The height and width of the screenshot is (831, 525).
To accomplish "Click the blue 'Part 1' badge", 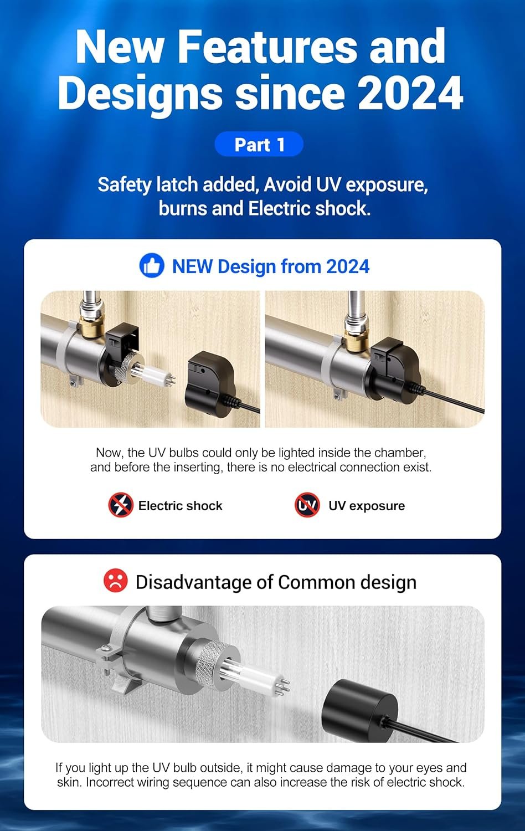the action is pos(259,144).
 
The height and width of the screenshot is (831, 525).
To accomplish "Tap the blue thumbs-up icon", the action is pos(152,265).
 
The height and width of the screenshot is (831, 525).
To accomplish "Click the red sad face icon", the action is pos(116,581).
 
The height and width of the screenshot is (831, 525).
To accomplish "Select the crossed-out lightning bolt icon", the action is pos(121,505).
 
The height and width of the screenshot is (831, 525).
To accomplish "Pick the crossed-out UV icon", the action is pos(307,505).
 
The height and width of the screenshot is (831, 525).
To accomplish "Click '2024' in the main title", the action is pos(410,93).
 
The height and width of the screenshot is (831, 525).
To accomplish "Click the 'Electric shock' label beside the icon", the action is pos(180,506).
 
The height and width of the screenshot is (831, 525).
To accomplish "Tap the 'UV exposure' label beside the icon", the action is pos(366,506).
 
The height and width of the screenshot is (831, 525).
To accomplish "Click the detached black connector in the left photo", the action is pos(210,383).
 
